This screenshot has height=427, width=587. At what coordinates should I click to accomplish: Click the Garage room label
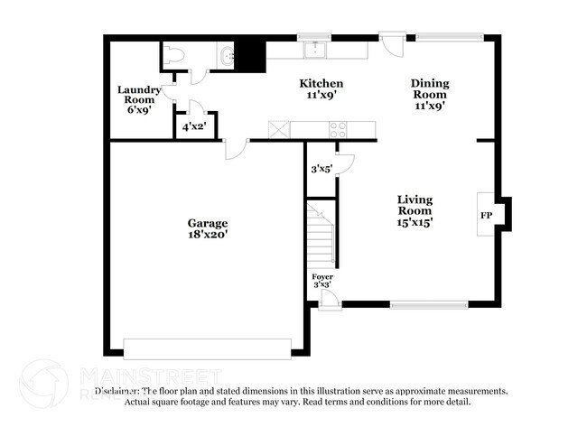207,222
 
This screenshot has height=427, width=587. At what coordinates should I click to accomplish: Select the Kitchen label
321,83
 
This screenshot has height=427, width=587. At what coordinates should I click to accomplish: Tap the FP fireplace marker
485,216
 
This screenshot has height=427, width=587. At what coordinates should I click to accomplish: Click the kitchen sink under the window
315,50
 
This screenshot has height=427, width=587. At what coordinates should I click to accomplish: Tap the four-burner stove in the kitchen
339,129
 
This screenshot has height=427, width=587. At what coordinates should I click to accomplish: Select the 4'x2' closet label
195,127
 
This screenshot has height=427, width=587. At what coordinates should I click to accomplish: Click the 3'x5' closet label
321,168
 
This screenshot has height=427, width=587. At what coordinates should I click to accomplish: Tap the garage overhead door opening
207,348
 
